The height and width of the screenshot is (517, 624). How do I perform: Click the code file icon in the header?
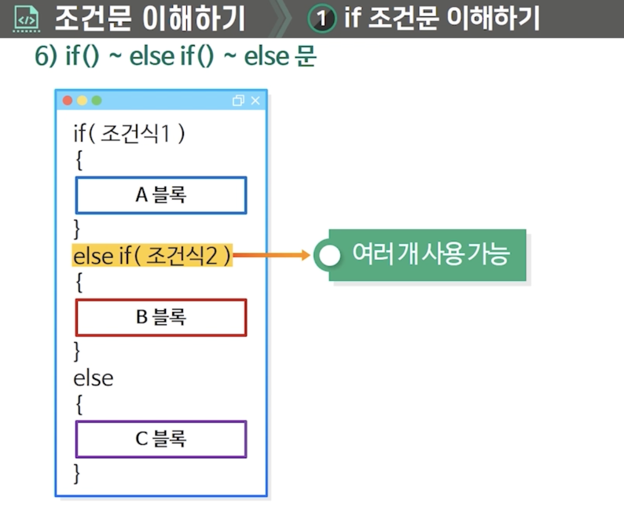pyautogui.click(x=26, y=19)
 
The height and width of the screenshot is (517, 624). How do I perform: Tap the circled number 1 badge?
pyautogui.click(x=321, y=19)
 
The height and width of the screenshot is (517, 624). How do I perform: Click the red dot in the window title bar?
pyautogui.click(x=68, y=101)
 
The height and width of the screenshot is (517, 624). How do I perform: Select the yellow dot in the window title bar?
pyautogui.click(x=82, y=101)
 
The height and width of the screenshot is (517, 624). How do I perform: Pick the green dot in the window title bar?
pyautogui.click(x=97, y=101)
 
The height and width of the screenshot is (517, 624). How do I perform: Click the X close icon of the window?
pyautogui.click(x=256, y=101)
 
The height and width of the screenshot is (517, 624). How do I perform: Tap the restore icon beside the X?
pyautogui.click(x=238, y=101)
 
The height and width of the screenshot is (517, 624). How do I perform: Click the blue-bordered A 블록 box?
pyautogui.click(x=161, y=195)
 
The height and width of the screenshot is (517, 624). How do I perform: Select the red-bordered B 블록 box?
pyautogui.click(x=161, y=317)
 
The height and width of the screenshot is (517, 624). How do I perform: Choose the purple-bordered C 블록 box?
pyautogui.click(x=161, y=439)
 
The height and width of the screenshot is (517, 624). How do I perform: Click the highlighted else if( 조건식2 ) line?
pyautogui.click(x=152, y=256)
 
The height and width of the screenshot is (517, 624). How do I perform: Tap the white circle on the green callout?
pyautogui.click(x=329, y=255)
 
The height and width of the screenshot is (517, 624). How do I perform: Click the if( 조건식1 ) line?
pyautogui.click(x=129, y=133)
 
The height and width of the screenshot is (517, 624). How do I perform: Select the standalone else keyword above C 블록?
pyautogui.click(x=93, y=378)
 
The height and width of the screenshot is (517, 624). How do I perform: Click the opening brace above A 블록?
pyautogui.click(x=79, y=160)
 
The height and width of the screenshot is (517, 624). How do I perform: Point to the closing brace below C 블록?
pyautogui.click(x=77, y=473)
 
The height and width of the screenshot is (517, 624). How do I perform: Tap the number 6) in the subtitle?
pyautogui.click(x=46, y=55)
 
